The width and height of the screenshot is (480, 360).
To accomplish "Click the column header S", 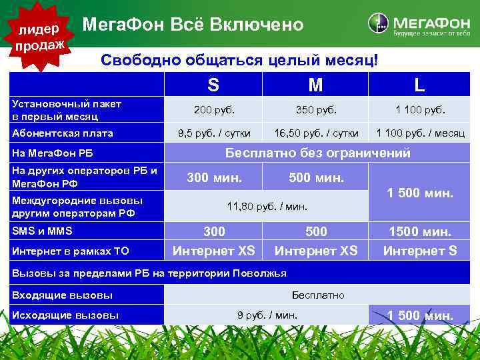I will click(x=213, y=85).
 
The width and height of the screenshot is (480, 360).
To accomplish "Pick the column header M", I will click(x=315, y=85).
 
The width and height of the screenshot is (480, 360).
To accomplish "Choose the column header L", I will click(x=419, y=85).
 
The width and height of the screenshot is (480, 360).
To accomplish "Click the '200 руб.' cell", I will click(x=213, y=110).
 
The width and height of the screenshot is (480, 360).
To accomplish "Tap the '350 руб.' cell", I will click(x=315, y=110).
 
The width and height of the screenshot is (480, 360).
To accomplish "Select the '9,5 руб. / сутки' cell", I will click(x=213, y=133).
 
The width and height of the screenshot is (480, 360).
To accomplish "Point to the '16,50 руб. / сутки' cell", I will click(x=315, y=133).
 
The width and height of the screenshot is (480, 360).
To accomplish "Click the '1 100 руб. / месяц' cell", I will click(x=420, y=133).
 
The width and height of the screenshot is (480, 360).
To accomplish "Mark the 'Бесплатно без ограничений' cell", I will click(x=317, y=153).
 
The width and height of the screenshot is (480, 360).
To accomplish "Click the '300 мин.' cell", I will click(x=214, y=178).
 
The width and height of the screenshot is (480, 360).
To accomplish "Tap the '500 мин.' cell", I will click(x=316, y=178).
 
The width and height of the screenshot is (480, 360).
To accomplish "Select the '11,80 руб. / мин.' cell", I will click(x=267, y=207).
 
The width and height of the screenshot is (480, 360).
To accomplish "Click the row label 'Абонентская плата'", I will click(x=63, y=133).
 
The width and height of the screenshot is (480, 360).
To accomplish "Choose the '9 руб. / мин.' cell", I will click(x=267, y=315).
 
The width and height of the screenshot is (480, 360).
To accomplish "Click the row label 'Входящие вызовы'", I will click(x=62, y=295).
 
